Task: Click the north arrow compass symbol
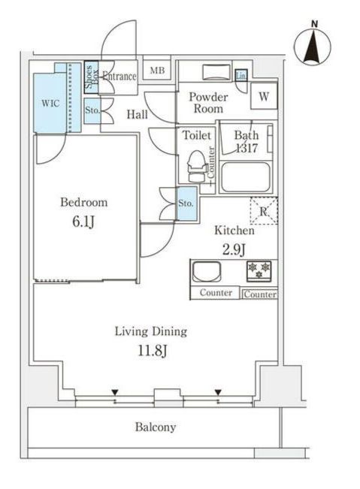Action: (x=312, y=47)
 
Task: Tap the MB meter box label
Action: (x=157, y=70)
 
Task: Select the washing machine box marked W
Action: (x=264, y=96)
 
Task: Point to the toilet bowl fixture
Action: (x=196, y=166)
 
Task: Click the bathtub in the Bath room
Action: (x=245, y=177)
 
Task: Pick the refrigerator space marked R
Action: (x=264, y=211)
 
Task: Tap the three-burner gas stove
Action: (x=259, y=270)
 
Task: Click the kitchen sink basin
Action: (x=207, y=272)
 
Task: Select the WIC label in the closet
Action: (x=50, y=103)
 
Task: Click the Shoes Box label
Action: (x=92, y=77)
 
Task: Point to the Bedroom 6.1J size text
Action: (x=83, y=222)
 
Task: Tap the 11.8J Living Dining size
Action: (x=153, y=351)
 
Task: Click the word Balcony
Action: (x=156, y=427)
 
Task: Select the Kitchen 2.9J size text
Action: (x=234, y=249)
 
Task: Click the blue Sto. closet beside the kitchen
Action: (x=187, y=203)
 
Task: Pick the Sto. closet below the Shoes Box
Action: (x=92, y=110)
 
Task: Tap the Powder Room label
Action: (x=208, y=103)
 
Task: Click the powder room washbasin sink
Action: (x=216, y=72)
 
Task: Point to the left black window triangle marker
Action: (x=115, y=392)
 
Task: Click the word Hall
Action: (x=138, y=114)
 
